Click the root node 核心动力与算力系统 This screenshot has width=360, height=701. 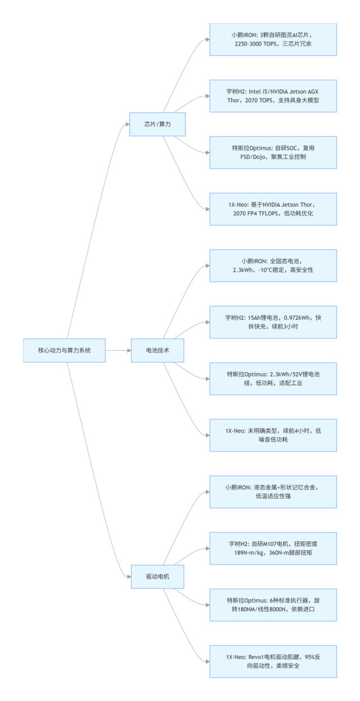click(64, 350)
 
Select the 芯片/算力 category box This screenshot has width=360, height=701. click(157, 124)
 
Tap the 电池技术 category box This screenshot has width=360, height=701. click(157, 350)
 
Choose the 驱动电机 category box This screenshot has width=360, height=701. click(157, 577)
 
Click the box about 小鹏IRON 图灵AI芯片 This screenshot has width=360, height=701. click(273, 39)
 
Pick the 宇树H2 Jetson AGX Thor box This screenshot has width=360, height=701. click(273, 96)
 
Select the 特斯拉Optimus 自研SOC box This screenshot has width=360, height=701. click(273, 152)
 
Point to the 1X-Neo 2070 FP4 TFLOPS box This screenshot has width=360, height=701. click(273, 209)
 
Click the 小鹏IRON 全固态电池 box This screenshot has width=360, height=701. click(273, 265)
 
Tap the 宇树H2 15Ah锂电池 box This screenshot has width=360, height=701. click(273, 322)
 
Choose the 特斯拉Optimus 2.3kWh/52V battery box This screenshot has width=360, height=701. click(273, 378)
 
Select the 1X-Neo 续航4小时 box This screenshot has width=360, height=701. click(273, 435)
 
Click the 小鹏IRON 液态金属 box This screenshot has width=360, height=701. click(273, 491)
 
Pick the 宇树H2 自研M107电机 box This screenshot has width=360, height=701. click(273, 548)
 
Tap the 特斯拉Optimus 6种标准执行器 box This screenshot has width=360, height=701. click(273, 605)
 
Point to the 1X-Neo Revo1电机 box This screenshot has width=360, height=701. click(273, 662)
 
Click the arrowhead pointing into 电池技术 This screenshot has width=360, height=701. click(128, 350)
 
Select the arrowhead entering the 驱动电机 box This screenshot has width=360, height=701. click(128, 577)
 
